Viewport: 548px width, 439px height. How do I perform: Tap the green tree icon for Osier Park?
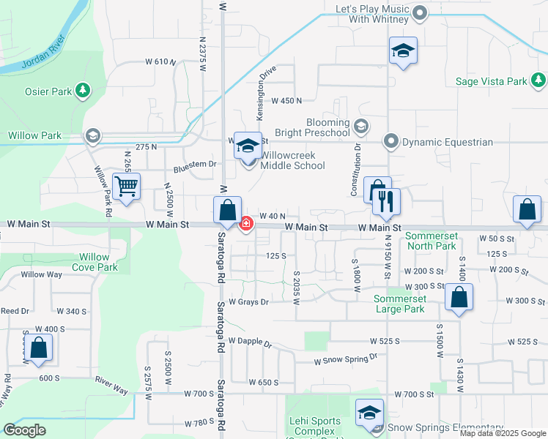(84, 90)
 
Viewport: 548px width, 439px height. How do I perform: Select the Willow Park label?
(35, 135)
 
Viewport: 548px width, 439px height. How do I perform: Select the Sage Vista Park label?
(491, 81)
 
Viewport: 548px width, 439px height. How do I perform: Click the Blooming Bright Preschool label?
(316, 127)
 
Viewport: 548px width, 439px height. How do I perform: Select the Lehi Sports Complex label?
(315, 427)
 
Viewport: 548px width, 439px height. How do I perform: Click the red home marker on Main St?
(247, 223)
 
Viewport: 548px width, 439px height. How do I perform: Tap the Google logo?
(25, 430)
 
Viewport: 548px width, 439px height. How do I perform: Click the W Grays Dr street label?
(249, 301)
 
